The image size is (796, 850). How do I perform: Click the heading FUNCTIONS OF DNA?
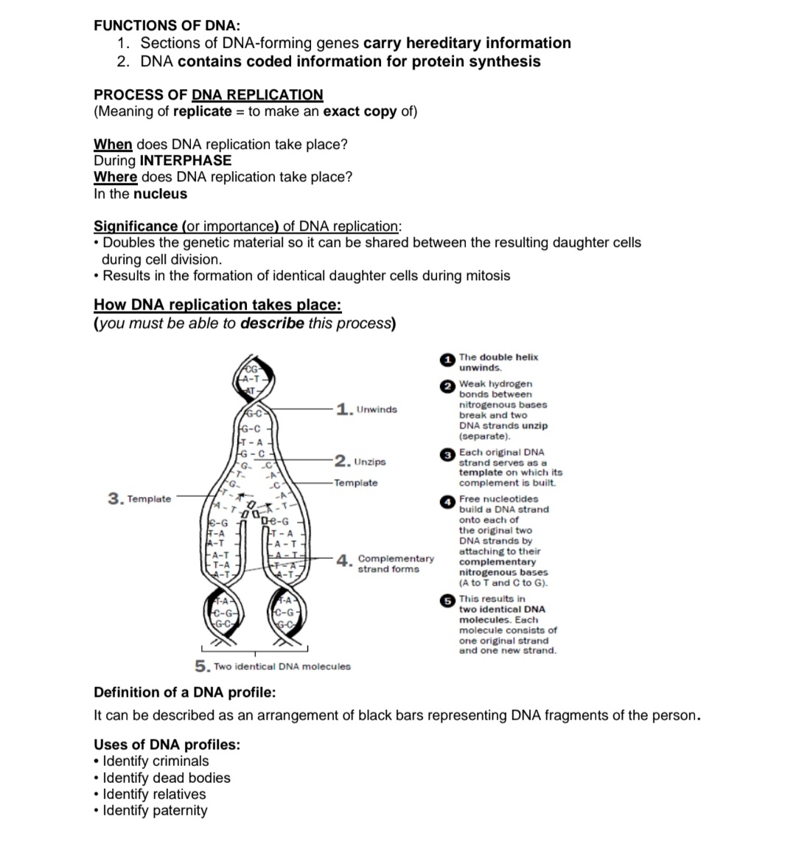click(x=167, y=25)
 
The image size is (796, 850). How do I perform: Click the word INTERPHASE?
click(x=185, y=161)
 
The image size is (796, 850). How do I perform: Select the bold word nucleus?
click(x=160, y=194)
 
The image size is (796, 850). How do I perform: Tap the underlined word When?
click(x=113, y=144)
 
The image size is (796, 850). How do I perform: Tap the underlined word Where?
click(x=115, y=177)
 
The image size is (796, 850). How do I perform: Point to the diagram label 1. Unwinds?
click(x=366, y=409)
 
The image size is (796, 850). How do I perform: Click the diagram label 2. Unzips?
click(x=360, y=461)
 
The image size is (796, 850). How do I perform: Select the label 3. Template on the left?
click(x=139, y=499)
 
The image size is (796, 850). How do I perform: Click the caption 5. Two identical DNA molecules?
click(x=273, y=666)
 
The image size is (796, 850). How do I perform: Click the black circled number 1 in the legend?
click(x=447, y=359)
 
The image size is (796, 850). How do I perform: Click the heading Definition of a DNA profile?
click(x=185, y=692)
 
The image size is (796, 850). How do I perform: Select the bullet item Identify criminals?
click(x=156, y=761)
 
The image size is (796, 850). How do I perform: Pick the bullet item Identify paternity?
click(x=155, y=810)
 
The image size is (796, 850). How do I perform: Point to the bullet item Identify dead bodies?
click(x=167, y=778)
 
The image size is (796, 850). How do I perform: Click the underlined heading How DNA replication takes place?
click(x=217, y=304)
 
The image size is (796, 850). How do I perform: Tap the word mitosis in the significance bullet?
click(x=486, y=276)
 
